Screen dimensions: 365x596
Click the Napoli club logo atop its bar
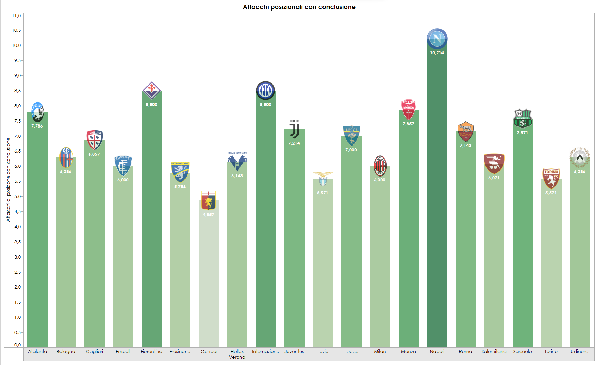coord(437,38)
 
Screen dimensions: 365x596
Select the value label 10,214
coord(437,53)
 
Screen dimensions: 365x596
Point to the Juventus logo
coord(294,130)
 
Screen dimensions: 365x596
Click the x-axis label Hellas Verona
coord(237,354)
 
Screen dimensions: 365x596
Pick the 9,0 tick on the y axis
coord(17,75)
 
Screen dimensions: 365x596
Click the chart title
coord(299,7)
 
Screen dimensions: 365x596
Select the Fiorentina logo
coord(151,91)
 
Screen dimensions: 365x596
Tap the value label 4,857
coord(208,215)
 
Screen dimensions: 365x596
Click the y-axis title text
coord(8,180)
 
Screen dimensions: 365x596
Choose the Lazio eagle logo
coord(323,179)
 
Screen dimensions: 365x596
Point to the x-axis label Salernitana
coord(494,351)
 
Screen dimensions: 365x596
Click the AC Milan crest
coord(380,166)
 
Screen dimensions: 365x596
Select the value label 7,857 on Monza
coord(408,124)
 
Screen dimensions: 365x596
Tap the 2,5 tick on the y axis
coord(17,272)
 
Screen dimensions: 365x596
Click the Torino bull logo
coord(551,179)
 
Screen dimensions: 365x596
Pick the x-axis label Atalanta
coord(37,351)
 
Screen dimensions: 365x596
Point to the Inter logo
coord(265,91)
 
